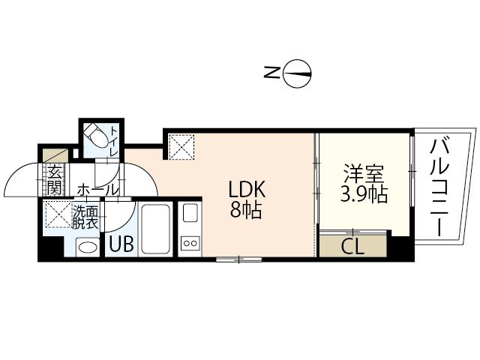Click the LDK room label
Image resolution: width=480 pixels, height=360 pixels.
pos(247,190)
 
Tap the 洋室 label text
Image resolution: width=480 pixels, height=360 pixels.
pos(364,174)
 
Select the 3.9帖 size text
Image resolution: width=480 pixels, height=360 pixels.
pos(364,194)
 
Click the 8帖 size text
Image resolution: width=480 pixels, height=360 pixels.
pos(246,210)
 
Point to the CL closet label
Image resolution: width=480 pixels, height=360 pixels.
pos(352,246)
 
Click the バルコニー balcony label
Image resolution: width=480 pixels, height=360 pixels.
pos(439,187)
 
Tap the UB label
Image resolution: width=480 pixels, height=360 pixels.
pos(121,244)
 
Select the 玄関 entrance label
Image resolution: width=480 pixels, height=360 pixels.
pos(55,180)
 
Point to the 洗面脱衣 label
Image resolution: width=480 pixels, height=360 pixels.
pos(85,217)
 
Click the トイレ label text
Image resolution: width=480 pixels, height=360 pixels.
pos(114,141)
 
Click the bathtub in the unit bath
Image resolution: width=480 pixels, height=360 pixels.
pos(155,229)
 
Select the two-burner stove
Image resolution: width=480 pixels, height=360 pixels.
pos(190,243)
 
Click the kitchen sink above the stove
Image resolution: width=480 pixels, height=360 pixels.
pos(190,212)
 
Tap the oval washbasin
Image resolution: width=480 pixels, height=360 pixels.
pos(88,247)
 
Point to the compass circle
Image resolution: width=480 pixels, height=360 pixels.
pos(297,73)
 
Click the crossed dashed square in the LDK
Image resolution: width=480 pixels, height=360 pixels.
pos(181,147)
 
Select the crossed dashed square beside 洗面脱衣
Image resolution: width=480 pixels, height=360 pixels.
pos(58,214)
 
